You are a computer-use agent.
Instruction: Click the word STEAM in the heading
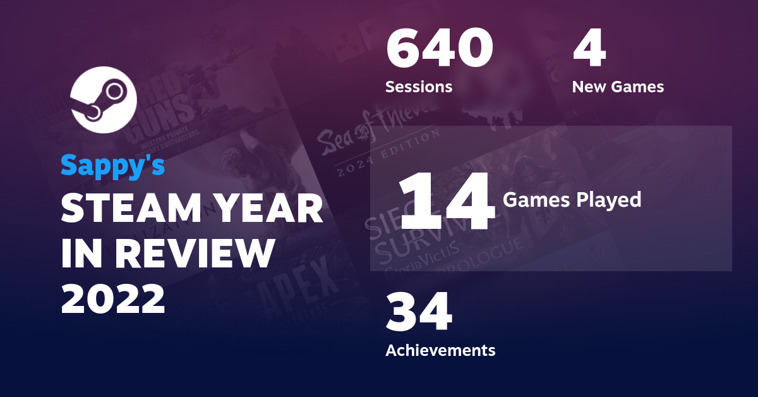click(129, 209)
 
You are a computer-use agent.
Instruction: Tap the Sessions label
click(419, 87)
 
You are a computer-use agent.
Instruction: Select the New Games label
click(618, 87)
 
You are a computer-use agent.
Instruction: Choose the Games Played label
click(572, 200)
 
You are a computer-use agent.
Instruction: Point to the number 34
click(419, 313)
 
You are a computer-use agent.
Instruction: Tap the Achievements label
click(440, 350)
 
